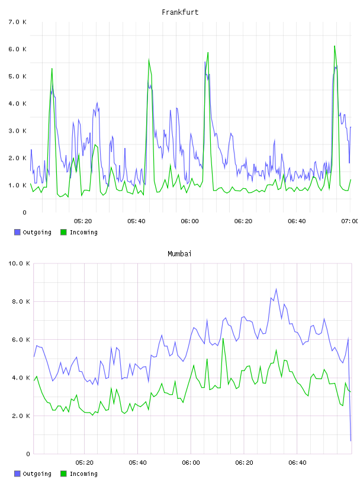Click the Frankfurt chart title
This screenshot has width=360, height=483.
[x=180, y=12]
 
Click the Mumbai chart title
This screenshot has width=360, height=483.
[x=179, y=253]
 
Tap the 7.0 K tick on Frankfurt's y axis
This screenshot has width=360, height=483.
[x=18, y=22]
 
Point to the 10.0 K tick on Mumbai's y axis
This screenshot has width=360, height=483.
[x=19, y=263]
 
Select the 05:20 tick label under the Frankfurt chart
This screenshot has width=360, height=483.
[x=83, y=221]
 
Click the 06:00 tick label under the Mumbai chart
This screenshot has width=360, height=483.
[x=191, y=462]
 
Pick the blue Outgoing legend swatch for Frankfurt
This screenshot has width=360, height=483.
[x=17, y=232]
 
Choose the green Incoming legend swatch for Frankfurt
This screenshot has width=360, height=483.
[x=63, y=232]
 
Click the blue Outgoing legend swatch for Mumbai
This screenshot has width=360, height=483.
[x=17, y=474]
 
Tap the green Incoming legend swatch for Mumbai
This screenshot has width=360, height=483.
[x=63, y=474]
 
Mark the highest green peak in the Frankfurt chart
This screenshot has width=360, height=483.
[x=335, y=46]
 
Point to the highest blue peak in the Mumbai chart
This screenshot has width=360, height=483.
[x=276, y=289]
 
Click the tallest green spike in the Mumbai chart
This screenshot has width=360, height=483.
[x=223, y=338]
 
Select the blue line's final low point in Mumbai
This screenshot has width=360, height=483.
[x=351, y=441]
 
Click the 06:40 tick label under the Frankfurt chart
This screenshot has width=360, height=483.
[x=297, y=221]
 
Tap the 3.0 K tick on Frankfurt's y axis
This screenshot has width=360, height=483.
[x=18, y=131]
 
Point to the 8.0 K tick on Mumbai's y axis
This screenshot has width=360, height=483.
[x=21, y=301]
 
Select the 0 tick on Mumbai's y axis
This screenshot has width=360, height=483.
[x=28, y=454]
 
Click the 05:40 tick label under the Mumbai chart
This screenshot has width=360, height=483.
[x=137, y=462]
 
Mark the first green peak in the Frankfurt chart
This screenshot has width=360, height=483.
[x=52, y=69]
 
